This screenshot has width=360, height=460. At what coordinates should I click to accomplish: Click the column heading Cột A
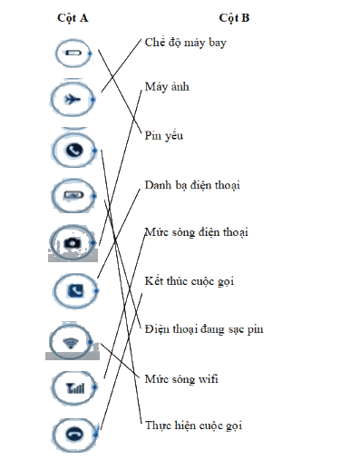click(73, 18)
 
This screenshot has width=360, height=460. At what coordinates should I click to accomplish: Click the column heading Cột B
click(234, 18)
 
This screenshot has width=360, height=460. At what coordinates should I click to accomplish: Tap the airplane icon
click(73, 99)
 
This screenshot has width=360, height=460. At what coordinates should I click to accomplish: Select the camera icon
click(73, 243)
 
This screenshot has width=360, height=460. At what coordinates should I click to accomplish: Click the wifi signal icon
click(71, 343)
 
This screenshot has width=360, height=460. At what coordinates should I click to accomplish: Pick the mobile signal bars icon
click(75, 387)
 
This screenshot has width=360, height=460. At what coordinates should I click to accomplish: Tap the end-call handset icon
click(73, 435)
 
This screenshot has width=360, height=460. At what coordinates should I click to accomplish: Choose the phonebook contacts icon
click(75, 291)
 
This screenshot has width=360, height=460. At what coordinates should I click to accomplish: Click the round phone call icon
click(74, 150)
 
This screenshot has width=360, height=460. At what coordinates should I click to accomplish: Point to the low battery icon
click(73, 54)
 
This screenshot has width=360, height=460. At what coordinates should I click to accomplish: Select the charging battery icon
click(73, 195)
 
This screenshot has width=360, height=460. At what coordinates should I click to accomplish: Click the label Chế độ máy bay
click(185, 43)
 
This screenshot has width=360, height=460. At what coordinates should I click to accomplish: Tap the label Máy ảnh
click(167, 87)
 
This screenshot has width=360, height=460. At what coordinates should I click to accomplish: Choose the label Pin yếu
click(164, 135)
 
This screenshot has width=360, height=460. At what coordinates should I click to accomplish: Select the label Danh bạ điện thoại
click(192, 185)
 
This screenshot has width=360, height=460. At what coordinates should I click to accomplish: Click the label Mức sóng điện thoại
click(197, 232)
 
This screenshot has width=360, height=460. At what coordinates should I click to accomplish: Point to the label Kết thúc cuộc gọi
click(190, 281)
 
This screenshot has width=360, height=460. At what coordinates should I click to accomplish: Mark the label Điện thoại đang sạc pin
click(204, 329)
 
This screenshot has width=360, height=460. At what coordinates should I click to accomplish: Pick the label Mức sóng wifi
click(181, 379)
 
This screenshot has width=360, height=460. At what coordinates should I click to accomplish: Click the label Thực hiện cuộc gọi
click(193, 426)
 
